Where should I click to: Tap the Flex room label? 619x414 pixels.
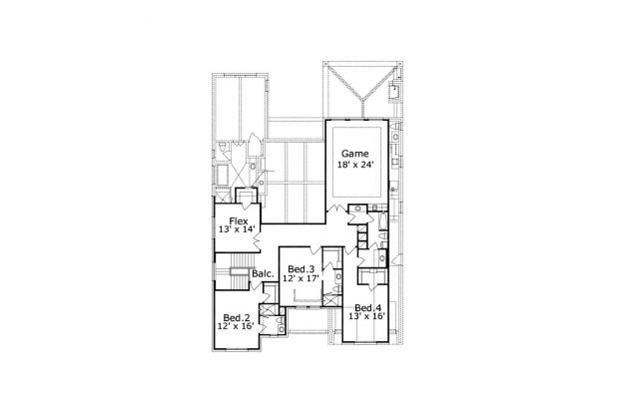coord(239,220)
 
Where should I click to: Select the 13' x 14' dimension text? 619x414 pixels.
coord(239,229)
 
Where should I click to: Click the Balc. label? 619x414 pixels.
coord(263,273)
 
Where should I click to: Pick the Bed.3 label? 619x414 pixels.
coord(302,269)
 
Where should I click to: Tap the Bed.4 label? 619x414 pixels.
coord(367,307)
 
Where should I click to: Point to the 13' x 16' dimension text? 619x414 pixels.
coord(367,316)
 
